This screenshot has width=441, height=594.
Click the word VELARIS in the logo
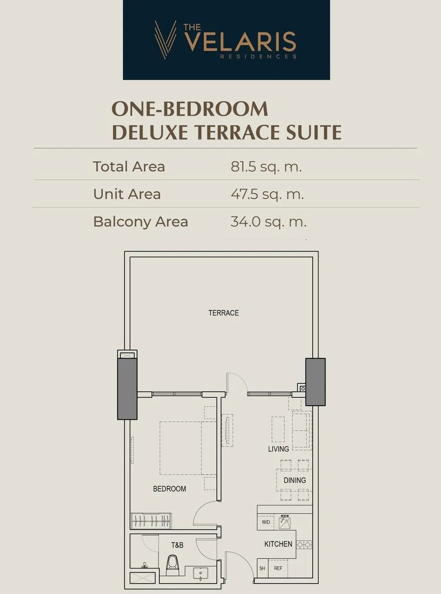(241, 42)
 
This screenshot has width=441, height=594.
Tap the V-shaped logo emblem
(166, 39)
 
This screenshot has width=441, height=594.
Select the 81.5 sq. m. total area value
(266, 167)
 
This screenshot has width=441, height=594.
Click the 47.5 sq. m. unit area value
(267, 194)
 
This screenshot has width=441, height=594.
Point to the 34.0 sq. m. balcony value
(268, 222)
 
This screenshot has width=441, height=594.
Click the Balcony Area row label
(140, 222)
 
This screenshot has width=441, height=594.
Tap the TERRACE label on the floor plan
(223, 313)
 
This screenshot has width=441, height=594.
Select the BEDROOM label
(169, 489)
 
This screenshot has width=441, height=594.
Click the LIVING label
(278, 449)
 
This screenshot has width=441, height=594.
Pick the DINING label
(295, 480)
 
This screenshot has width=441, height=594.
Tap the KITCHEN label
(278, 544)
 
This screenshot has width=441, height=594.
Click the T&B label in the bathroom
(177, 545)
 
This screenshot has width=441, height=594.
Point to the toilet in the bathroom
(173, 565)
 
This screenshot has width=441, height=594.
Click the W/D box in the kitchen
(266, 522)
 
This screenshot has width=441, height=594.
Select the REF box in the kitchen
(278, 568)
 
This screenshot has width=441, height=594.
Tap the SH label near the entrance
(262, 568)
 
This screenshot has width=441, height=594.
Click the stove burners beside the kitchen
(304, 544)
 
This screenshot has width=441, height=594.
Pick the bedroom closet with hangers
(151, 521)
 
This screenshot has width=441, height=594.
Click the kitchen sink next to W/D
(285, 522)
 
